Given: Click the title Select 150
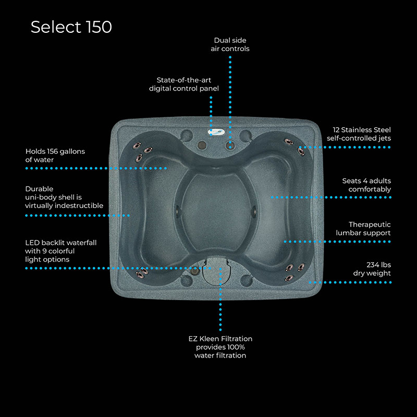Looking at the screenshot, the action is pyautogui.click(x=71, y=27).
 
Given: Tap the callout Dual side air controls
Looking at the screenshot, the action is pyautogui.click(x=230, y=44).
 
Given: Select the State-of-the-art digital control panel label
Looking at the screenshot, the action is pyautogui.click(x=184, y=84).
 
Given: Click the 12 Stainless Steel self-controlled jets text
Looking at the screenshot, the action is pyautogui.click(x=359, y=134).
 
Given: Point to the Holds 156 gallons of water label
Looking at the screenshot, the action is pyautogui.click(x=55, y=155).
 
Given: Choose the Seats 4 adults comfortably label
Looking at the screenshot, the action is pyautogui.click(x=366, y=185).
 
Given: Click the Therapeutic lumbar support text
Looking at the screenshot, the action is pyautogui.click(x=363, y=228).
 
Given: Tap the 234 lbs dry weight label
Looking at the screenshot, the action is pyautogui.click(x=372, y=268).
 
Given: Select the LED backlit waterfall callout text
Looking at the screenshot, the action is pyautogui.click(x=60, y=251).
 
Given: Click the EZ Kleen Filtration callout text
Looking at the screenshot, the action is pyautogui.click(x=220, y=347).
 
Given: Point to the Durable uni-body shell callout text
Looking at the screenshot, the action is pyautogui.click(x=64, y=197).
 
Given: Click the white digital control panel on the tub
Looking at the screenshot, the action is pyautogui.click(x=216, y=132).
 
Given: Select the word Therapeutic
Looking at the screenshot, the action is pyautogui.click(x=370, y=225).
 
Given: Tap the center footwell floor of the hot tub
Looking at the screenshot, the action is pyautogui.click(x=216, y=212).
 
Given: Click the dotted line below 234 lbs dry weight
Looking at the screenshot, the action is pyautogui.click(x=350, y=283).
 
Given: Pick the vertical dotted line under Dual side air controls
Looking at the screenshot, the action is pyautogui.click(x=230, y=102).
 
